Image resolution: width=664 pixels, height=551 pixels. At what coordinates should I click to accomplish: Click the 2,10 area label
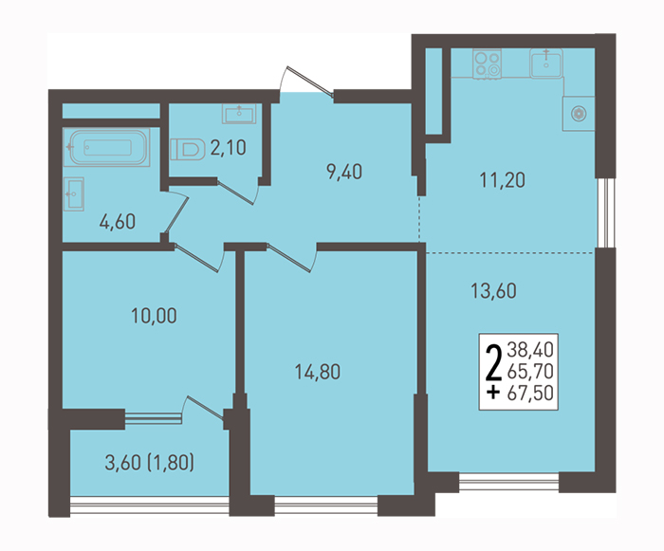point(228,148)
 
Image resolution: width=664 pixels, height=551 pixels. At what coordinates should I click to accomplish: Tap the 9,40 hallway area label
point(344,172)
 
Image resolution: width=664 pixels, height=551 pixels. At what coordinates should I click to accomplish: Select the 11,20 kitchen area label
point(502,180)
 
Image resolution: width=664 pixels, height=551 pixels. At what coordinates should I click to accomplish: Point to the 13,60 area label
point(494,291)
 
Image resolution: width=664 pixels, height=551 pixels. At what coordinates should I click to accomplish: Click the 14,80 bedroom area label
point(318,372)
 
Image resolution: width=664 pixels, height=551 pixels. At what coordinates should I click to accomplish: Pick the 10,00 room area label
point(154,316)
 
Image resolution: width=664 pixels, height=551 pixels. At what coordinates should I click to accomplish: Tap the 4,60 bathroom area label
point(118,222)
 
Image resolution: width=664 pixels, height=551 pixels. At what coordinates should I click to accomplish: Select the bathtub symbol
point(106,147)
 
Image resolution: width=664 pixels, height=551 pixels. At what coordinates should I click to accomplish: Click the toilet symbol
point(185,149)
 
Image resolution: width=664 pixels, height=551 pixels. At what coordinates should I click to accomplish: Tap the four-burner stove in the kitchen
point(487,64)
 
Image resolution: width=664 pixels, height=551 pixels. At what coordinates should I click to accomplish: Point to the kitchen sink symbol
point(545,64)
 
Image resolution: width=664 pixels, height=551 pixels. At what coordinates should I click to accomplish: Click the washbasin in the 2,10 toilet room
point(239,114)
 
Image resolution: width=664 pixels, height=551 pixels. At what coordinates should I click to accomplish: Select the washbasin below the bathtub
point(74,194)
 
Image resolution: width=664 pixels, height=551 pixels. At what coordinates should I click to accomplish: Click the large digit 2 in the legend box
point(494,362)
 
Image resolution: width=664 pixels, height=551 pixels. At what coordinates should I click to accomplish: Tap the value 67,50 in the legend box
point(530,393)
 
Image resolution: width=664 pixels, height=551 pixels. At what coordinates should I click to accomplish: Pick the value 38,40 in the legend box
point(530,350)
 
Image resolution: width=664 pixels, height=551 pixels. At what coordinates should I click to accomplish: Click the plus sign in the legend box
point(493,393)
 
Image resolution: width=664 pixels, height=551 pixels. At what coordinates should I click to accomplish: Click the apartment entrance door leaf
point(310,82)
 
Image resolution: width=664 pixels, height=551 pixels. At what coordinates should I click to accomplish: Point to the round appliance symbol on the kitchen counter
point(579,114)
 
